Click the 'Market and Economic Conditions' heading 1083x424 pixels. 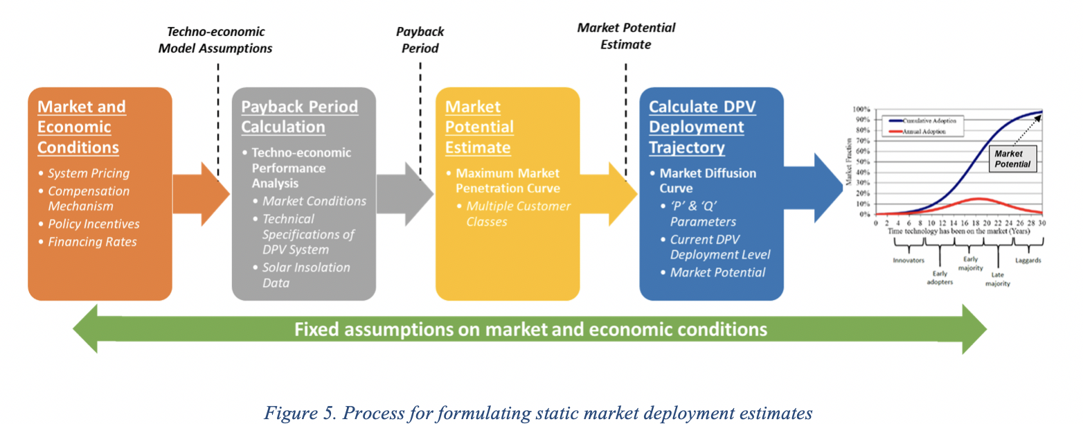(x=82, y=127)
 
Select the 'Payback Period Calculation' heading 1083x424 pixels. (x=299, y=116)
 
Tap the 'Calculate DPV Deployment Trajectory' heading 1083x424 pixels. (x=701, y=127)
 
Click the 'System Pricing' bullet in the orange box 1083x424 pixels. (x=89, y=173)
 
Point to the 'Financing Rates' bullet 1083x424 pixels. (x=92, y=242)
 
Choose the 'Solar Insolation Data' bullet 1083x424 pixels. (x=306, y=275)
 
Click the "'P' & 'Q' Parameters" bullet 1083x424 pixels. (x=703, y=213)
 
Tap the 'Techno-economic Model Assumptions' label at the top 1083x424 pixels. (x=215, y=40)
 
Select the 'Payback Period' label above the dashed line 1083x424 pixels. (x=420, y=40)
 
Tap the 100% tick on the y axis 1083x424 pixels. (x=861, y=109)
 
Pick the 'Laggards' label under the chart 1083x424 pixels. (x=1028, y=260)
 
